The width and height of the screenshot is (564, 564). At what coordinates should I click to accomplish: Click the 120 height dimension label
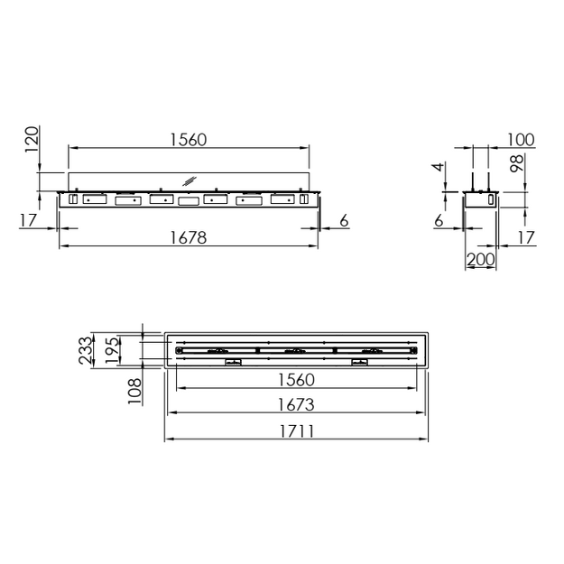32,139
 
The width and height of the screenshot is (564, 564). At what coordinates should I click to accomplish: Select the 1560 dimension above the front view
189,140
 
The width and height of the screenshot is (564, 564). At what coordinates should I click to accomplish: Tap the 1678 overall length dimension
189,237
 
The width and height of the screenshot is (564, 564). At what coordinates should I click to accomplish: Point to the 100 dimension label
521,140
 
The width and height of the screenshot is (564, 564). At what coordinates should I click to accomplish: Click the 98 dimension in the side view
517,163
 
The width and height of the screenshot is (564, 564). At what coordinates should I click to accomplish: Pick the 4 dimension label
439,167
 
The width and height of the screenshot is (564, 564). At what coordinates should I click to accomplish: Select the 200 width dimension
481,259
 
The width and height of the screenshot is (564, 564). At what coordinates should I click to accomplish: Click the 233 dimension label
86,350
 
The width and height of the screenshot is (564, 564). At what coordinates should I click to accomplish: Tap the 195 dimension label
112,350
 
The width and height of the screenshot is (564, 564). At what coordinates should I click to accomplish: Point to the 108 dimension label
134,392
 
